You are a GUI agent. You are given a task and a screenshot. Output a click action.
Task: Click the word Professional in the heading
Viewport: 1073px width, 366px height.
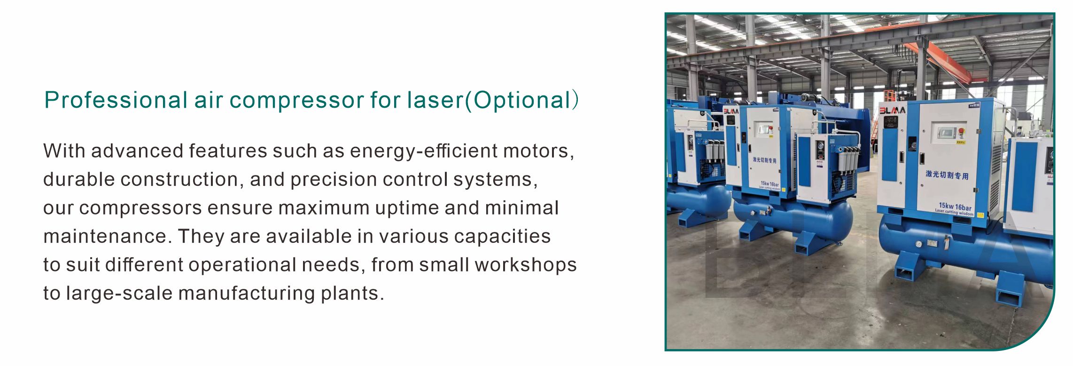pyautogui.click(x=116, y=100)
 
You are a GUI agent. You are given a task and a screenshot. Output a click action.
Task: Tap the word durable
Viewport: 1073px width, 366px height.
pyautogui.click(x=79, y=179)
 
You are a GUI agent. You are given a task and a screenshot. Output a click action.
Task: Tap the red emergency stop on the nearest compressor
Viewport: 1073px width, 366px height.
pyautogui.click(x=961, y=131)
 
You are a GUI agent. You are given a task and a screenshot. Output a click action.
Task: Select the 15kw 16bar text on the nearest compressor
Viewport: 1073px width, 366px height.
pyautogui.click(x=955, y=207)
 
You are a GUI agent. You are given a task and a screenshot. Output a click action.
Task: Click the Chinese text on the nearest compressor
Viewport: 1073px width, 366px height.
pyautogui.click(x=947, y=175)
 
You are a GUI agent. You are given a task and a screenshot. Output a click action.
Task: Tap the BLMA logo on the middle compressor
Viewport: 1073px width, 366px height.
pyautogui.click(x=731, y=111)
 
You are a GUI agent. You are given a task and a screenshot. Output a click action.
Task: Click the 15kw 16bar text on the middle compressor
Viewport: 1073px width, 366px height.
pyautogui.click(x=770, y=184)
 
